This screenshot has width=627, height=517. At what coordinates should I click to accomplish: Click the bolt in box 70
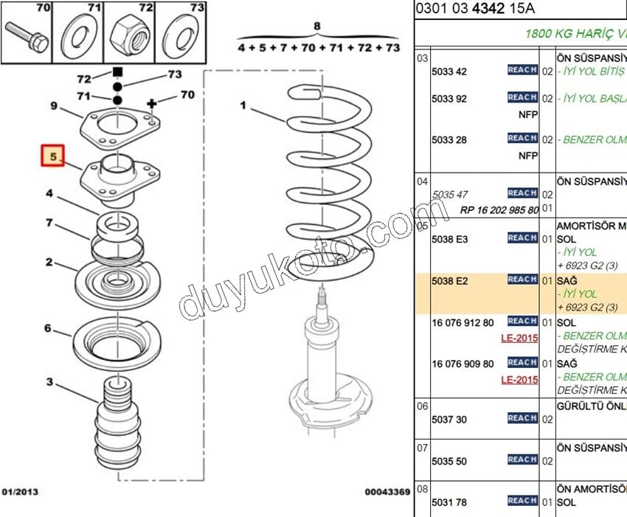click(x=27, y=35)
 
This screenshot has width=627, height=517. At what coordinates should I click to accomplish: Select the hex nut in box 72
click(x=129, y=33)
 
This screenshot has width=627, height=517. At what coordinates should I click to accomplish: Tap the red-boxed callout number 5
click(x=53, y=156)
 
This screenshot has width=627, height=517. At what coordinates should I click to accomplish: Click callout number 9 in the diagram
click(x=54, y=105)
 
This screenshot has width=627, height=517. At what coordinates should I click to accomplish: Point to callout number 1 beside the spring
click(x=243, y=105)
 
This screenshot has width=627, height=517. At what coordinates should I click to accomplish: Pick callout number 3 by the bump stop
click(x=49, y=381)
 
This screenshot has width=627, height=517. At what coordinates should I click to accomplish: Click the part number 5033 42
click(x=449, y=72)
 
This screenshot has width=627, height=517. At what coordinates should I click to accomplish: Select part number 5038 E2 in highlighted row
click(x=450, y=280)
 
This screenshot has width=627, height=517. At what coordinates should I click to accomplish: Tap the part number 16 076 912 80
click(x=463, y=322)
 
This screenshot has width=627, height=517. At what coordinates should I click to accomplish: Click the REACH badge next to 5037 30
click(x=522, y=418)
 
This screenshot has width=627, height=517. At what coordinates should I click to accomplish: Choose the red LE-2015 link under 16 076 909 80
click(x=519, y=380)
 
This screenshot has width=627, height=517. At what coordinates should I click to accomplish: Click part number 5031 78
click(x=449, y=502)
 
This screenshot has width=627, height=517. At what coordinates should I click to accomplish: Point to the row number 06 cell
click(x=422, y=406)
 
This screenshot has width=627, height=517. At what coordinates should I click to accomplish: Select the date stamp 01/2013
click(x=20, y=491)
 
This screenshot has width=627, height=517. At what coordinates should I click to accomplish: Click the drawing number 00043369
click(x=387, y=491)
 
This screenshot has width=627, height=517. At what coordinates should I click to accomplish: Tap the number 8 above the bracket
click(x=317, y=27)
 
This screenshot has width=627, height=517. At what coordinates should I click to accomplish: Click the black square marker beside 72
click(x=117, y=72)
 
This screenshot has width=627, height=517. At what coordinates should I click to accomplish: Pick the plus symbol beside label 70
click(x=153, y=104)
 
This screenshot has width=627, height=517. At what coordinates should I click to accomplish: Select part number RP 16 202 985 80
click(x=499, y=209)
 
